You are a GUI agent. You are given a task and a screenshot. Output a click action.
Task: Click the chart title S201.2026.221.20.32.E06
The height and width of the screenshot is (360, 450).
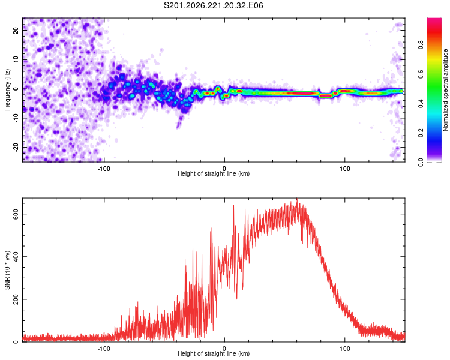pos(213,5)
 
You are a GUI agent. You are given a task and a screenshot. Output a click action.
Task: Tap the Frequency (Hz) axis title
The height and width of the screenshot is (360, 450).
pos(7,90)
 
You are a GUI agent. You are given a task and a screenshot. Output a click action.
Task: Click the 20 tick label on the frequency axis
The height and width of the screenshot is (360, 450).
pos(16,31)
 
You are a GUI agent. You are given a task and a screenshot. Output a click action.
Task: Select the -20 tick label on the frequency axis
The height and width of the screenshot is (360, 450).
pos(16,147)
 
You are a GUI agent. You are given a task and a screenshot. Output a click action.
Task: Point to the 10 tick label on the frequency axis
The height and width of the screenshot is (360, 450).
pos(16,59)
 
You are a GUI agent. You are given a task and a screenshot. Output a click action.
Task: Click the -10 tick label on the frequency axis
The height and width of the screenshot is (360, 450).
pos(16,118)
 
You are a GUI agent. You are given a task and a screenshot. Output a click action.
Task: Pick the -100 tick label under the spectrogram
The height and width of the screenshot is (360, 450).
pos(104,169)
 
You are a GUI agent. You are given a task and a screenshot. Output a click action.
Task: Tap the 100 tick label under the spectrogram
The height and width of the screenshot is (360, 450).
pos(344,169)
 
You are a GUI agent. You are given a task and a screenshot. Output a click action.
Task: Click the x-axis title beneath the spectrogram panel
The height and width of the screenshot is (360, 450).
pos(214,173)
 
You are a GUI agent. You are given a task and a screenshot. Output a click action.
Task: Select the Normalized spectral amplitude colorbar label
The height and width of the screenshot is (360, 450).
pos(445,90)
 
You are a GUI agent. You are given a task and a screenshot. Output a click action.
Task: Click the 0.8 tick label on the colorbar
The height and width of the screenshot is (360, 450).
pos(421,45)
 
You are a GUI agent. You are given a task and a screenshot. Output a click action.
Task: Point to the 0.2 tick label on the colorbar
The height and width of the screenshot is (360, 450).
pos(421,133)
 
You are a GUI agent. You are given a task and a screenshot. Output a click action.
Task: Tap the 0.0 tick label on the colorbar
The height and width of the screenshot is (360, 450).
pos(421,162)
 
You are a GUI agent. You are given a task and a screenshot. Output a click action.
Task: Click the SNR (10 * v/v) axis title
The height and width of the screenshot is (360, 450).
pos(7,270)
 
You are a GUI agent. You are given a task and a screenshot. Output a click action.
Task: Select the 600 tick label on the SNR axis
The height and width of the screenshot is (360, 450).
pos(16,214)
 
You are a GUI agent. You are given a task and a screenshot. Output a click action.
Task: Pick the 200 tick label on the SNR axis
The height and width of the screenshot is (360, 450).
pos(16,299)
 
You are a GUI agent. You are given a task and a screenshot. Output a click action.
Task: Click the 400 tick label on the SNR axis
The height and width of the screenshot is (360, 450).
pos(16,256)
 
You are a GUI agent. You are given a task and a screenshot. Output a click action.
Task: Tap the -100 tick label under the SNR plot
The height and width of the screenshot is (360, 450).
pos(104,349)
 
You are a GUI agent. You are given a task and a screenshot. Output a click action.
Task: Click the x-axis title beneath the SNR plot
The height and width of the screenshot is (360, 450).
pos(214,353)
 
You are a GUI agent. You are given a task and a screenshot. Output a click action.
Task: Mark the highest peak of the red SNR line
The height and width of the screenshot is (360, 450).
pos(297,199)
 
